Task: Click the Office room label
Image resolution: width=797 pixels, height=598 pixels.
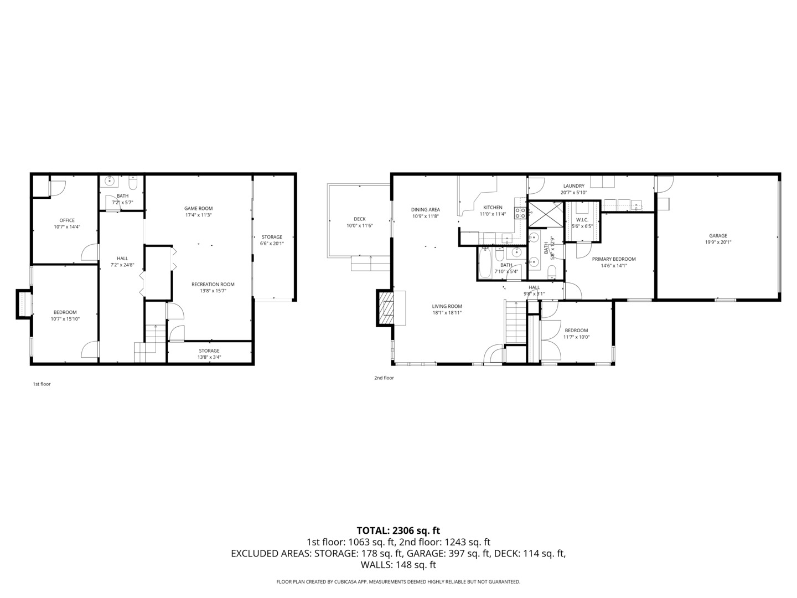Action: click(67, 220)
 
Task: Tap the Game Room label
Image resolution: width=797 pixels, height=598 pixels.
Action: click(198, 209)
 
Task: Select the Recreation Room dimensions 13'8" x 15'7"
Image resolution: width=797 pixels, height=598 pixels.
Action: click(213, 290)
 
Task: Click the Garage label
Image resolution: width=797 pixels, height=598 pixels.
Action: click(718, 236)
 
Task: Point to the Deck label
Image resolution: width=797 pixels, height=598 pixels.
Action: click(359, 219)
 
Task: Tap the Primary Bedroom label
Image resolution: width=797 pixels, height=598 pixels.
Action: click(614, 259)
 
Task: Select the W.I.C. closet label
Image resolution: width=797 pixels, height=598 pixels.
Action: click(582, 220)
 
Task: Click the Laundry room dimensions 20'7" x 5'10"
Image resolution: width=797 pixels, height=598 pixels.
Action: click(573, 193)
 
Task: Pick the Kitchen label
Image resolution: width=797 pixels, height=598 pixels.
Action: click(493, 208)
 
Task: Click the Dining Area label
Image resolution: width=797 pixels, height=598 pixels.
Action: click(425, 210)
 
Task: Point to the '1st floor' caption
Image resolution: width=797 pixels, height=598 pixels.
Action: click(42, 384)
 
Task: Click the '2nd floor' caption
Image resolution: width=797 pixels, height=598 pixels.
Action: click(384, 378)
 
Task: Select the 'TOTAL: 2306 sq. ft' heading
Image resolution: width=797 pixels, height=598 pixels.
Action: click(398, 530)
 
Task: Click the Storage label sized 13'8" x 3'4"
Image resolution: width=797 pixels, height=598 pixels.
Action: click(209, 350)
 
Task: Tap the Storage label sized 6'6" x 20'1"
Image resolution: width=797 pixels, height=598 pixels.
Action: click(272, 237)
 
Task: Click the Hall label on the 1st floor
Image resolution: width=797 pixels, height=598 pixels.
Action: click(122, 259)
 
